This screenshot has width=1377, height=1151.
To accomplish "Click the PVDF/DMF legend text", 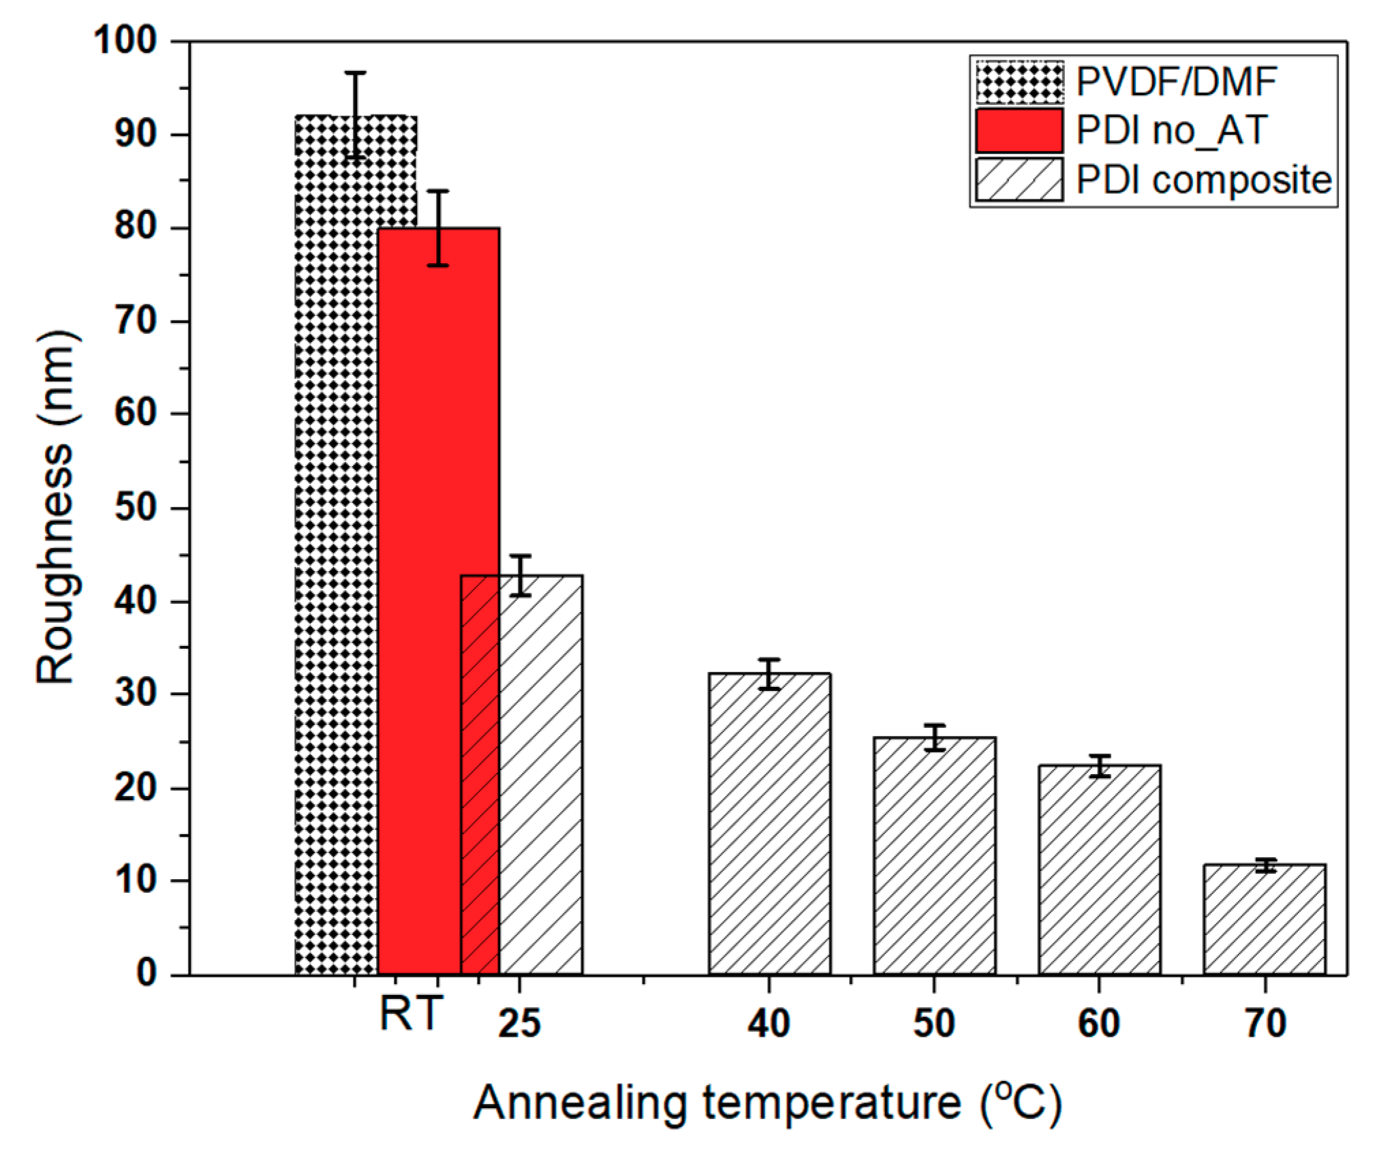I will (x=1176, y=82).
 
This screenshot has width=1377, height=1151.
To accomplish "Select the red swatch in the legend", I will (x=1019, y=130).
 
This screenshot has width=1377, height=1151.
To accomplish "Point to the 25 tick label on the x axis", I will (x=519, y=1023).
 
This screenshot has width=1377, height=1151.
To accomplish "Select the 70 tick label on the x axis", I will (x=1265, y=1023).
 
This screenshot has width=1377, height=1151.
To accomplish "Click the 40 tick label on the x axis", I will (x=769, y=1023).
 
